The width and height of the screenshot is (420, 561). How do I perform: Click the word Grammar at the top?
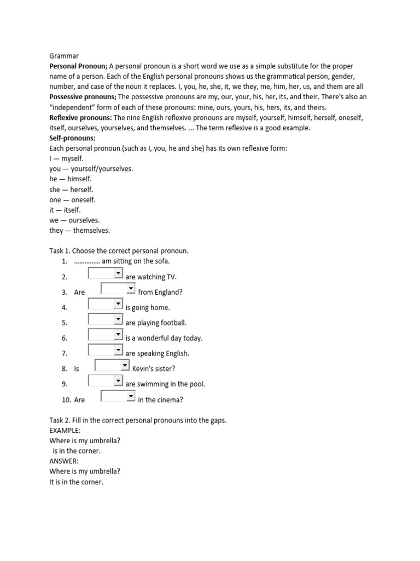coord(64,55)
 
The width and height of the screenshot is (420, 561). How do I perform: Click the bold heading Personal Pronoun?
coord(78,66)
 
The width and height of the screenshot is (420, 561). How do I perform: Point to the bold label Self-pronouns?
coord(72,138)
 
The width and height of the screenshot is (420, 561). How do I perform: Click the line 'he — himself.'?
coord(71,179)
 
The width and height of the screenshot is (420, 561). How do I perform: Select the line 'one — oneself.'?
coord(72,200)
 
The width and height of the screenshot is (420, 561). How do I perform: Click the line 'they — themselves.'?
coord(79,231)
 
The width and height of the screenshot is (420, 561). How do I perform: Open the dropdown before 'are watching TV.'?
coord(106,273)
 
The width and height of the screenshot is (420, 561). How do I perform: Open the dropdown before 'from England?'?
coord(118,288)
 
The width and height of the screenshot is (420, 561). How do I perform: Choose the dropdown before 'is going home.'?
coord(106,304)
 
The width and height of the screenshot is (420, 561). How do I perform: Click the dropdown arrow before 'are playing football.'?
coord(118,319)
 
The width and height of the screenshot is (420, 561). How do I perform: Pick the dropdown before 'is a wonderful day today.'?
coord(106,334)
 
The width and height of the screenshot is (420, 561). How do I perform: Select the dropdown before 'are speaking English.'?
coord(106,350)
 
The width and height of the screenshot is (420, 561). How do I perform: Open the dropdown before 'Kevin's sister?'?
coord(112,365)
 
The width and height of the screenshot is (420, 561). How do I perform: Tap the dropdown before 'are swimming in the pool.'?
coord(106,380)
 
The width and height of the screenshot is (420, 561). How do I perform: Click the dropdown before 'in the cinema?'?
coord(118,396)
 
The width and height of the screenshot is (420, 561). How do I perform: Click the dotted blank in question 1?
coord(86,261)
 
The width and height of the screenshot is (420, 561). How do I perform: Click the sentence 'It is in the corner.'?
coord(76,482)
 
